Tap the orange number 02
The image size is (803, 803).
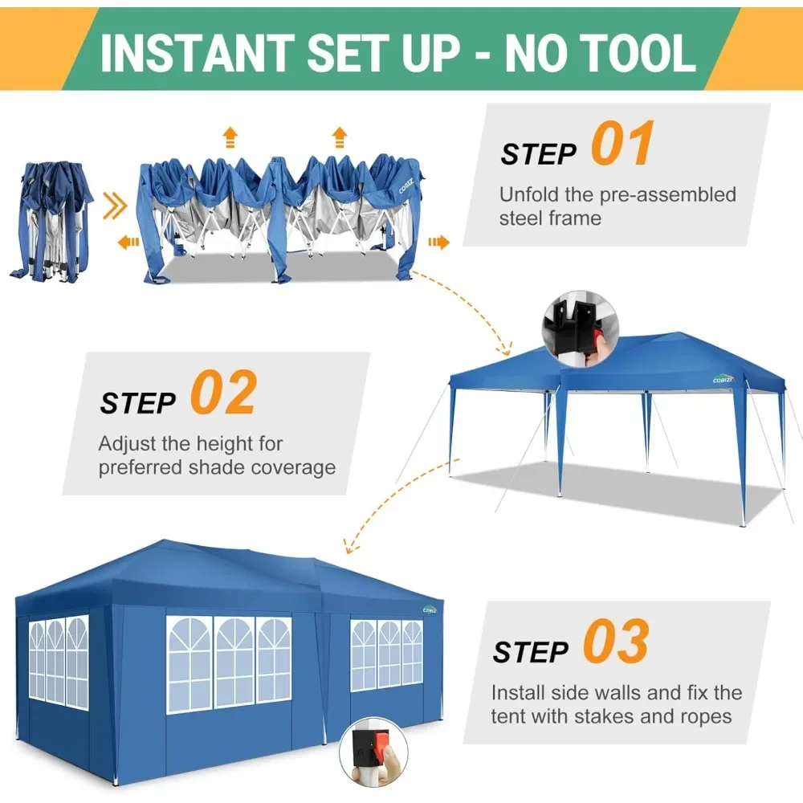pyautogui.click(x=223, y=393)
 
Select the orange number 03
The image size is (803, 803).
pyautogui.click(x=615, y=642)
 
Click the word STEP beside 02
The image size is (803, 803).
pyautogui.click(x=138, y=402)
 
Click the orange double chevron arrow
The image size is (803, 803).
pyautogui.click(x=116, y=209)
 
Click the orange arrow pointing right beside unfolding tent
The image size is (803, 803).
pyautogui.click(x=438, y=241)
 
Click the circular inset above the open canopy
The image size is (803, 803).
pyautogui.click(x=581, y=329)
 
